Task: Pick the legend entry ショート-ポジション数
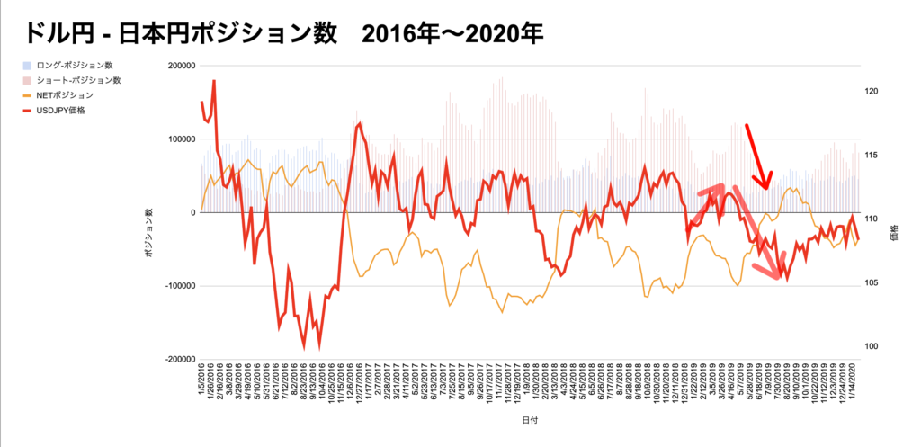coord(77,80)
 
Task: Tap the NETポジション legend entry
coord(67,94)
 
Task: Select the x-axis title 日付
coord(531,420)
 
